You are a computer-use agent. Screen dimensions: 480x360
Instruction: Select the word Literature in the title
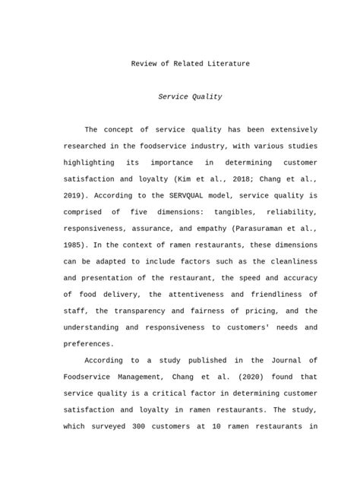tap(226, 64)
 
